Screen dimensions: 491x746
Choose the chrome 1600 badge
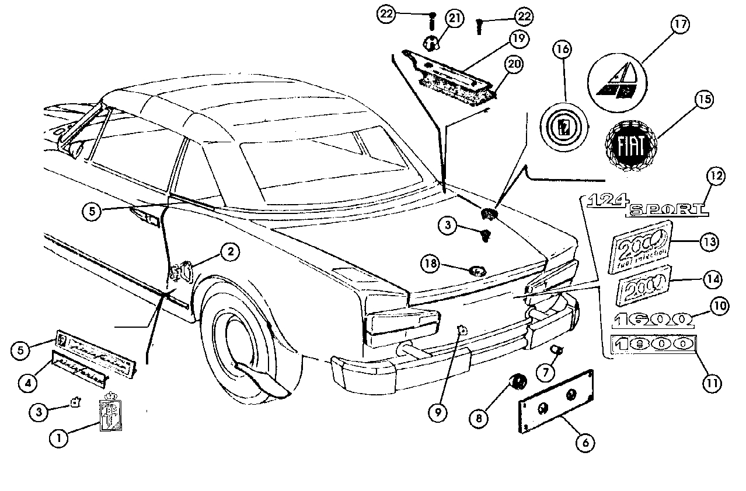pos(653,318)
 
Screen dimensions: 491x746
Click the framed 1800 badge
pos(653,344)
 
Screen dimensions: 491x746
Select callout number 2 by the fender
pos(230,252)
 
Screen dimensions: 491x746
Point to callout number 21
pos(455,18)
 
